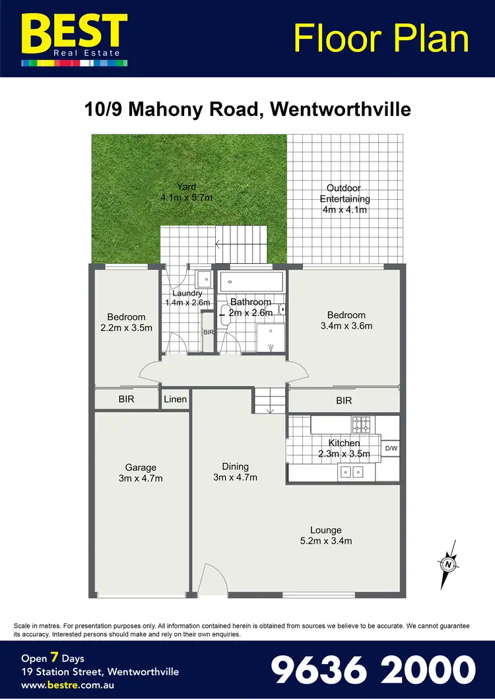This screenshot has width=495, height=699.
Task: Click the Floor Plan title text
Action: tap(381, 38)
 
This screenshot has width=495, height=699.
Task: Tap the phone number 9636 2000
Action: tap(374, 669)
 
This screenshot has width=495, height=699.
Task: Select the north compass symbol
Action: tap(449, 564)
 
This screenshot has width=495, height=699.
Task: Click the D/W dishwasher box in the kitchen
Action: tap(391, 449)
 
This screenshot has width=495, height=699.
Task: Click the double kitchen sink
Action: tap(352, 471)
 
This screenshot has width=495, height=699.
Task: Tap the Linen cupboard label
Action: tap(176, 400)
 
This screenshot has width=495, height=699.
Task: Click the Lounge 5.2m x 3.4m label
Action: tap(326, 535)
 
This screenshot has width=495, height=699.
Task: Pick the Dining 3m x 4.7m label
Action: tap(235, 472)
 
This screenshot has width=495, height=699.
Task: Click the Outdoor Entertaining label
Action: tap(345, 199)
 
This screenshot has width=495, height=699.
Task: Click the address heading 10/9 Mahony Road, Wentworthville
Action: tap(247, 109)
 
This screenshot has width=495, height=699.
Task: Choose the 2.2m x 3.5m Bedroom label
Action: tap(126, 322)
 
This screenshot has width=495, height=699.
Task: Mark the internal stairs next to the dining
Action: tap(270, 400)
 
